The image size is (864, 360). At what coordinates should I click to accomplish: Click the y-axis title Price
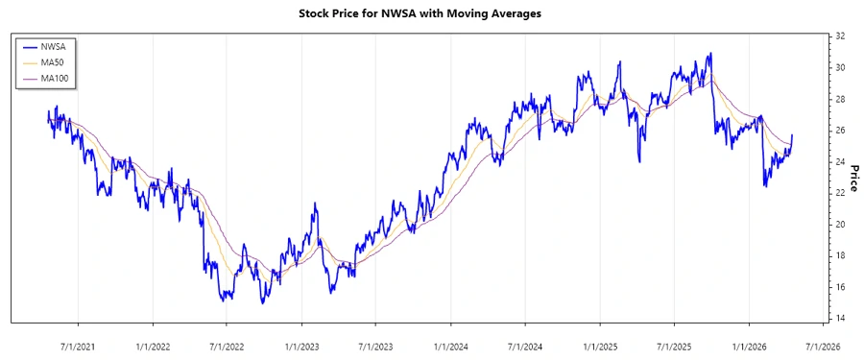tap(852, 177)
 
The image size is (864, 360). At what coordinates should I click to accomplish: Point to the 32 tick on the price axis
tap(840, 36)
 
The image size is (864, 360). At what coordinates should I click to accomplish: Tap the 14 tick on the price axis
tap(840, 319)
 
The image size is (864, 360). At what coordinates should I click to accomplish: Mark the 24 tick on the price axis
tap(840, 162)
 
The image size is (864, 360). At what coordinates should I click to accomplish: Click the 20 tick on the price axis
tap(840, 225)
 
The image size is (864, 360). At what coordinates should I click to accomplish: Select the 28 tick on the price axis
tap(840, 99)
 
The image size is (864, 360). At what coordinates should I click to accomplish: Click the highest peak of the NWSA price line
tap(710, 54)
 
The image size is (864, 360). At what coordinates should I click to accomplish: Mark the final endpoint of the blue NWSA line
tap(792, 135)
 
